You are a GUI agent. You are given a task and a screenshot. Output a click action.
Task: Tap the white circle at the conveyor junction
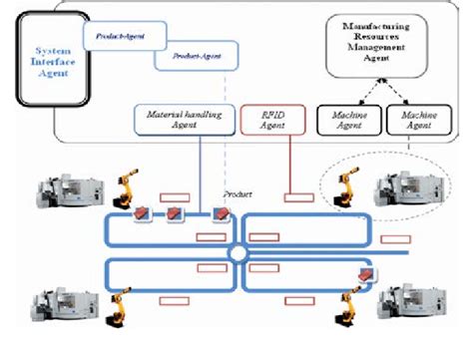[x=237, y=255]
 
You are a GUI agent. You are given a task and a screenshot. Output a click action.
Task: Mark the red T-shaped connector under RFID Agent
[x=294, y=197]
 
